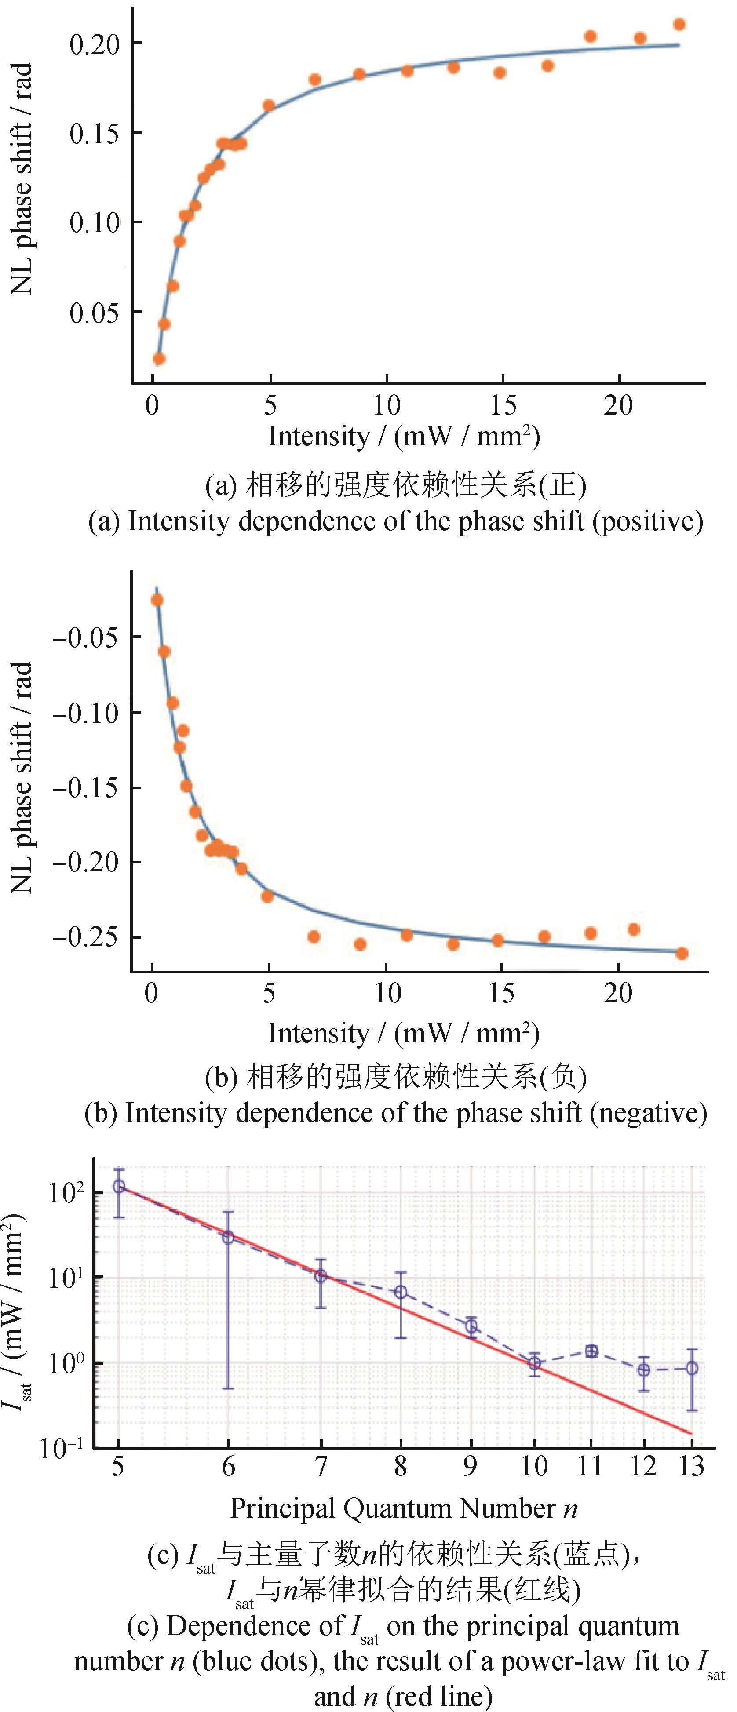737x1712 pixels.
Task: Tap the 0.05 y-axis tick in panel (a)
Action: (95, 312)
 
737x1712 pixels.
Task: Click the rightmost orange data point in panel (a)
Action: (679, 25)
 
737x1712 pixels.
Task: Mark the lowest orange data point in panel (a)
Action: (159, 359)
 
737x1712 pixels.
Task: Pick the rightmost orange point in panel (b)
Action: (681, 953)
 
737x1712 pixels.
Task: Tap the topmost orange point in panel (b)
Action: (157, 600)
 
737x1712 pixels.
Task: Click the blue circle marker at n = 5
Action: (118, 1186)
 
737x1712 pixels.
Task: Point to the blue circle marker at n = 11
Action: (591, 1351)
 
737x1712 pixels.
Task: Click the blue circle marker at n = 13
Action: (692, 1368)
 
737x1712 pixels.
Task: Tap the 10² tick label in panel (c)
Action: (66, 1192)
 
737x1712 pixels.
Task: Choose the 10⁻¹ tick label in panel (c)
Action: (61, 1449)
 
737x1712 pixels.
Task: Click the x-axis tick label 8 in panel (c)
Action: (400, 1466)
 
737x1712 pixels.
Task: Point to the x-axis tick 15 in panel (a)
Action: (503, 405)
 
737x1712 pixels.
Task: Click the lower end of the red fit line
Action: (691, 1433)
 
